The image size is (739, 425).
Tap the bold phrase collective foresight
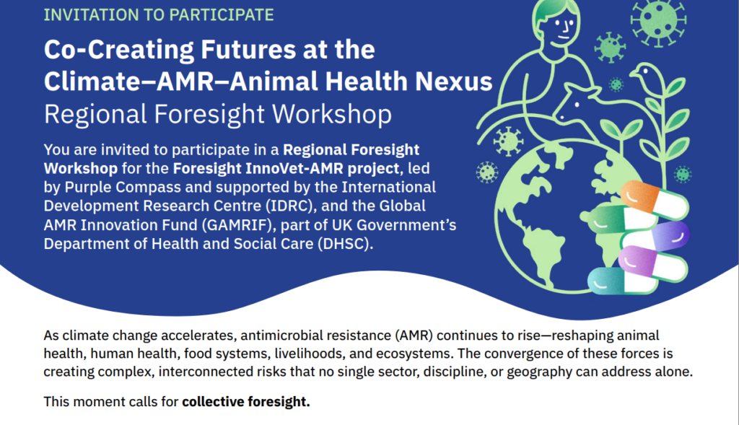[245, 401]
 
